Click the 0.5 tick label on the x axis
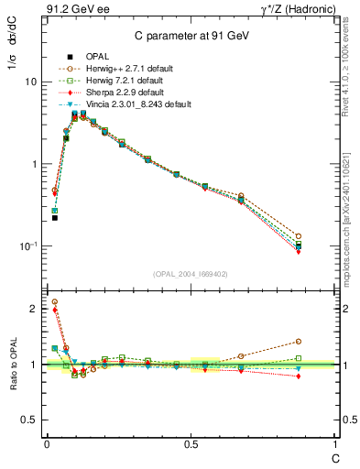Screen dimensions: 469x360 (x=190, y=444)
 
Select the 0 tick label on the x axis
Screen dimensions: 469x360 (x=47, y=444)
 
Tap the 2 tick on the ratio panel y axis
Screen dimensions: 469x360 (x=33, y=309)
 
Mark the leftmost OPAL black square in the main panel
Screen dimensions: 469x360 (x=55, y=218)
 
